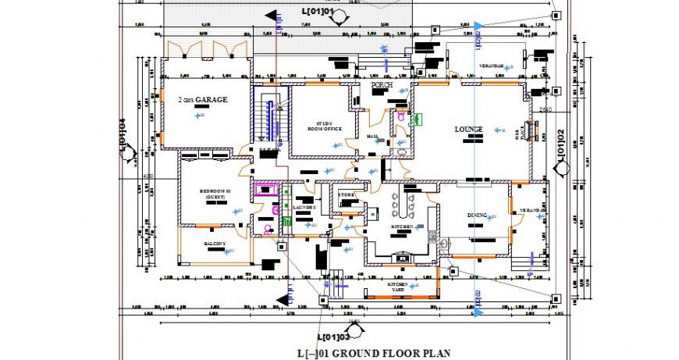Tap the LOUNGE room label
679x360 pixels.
point(468,129)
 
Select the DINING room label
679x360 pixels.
point(478,215)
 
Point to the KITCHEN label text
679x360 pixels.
point(402,226)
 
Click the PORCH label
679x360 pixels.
point(382,84)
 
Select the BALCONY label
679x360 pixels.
point(215,244)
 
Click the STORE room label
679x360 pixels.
point(347,194)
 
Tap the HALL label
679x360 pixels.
point(372,137)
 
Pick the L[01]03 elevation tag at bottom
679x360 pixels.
point(334,337)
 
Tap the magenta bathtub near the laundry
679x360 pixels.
point(268,190)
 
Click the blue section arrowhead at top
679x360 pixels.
point(478,26)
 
